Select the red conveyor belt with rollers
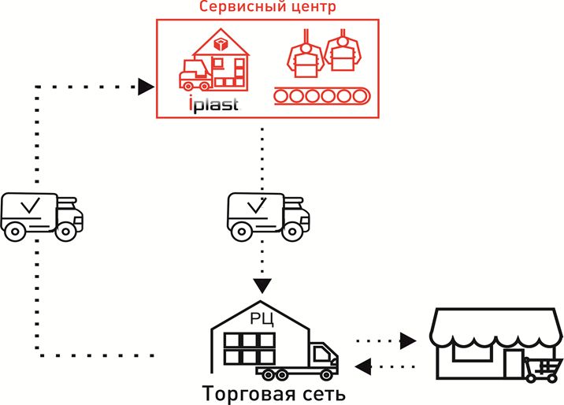(321, 96)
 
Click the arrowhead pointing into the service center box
(145, 86)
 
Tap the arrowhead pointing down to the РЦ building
(262, 285)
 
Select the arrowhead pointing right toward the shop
(408, 340)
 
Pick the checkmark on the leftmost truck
(32, 207)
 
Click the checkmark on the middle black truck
(258, 206)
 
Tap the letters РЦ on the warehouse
(262, 318)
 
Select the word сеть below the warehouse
(320, 392)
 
